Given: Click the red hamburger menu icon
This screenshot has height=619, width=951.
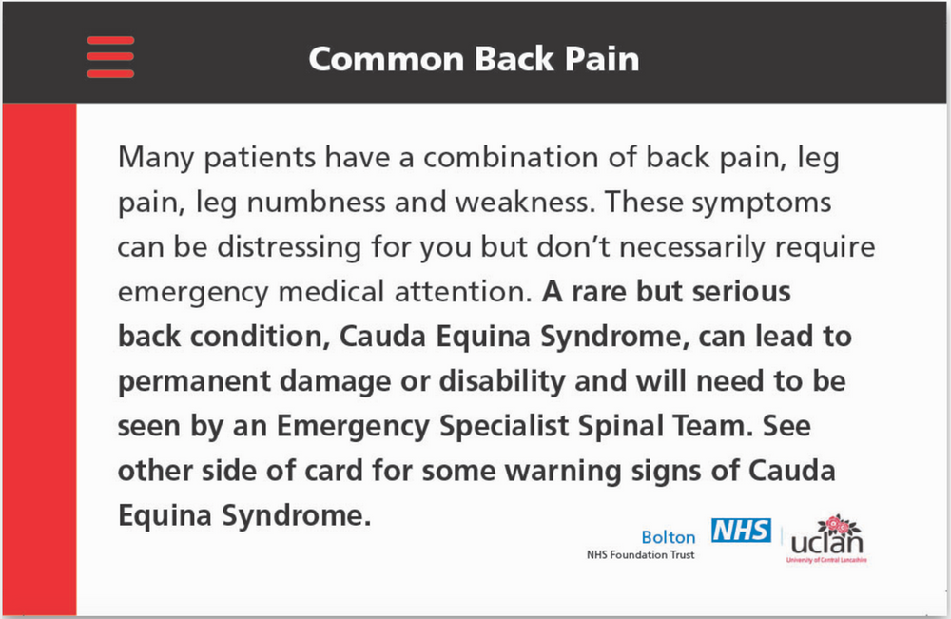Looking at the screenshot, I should point(110,57).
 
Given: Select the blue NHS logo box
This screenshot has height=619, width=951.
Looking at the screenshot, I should point(741,531).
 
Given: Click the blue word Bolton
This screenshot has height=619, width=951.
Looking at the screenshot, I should point(669,537).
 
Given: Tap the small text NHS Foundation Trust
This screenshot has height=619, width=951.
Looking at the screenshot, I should point(640,555).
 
